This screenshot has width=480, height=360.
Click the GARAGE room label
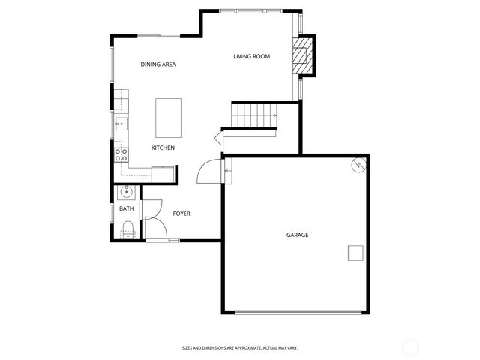(297, 235)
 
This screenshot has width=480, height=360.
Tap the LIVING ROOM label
(251, 56)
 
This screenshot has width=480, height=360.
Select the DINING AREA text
(158, 64)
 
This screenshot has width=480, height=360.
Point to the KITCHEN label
(163, 148)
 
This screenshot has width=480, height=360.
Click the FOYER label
(181, 214)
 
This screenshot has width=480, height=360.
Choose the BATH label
(126, 208)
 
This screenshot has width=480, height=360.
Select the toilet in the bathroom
(127, 229)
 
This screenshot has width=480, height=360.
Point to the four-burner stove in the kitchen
(121, 155)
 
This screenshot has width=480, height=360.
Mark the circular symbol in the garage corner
(359, 164)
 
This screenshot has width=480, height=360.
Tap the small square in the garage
(355, 253)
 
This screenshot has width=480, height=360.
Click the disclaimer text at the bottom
(240, 347)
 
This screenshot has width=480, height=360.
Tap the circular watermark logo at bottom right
(412, 347)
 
